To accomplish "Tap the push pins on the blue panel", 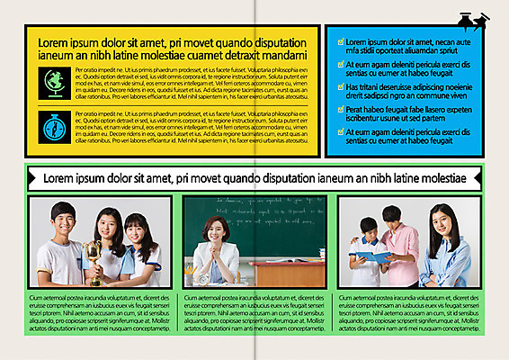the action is point(473,20).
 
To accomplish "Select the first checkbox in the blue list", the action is point(338,41).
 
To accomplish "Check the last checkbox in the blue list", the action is point(338,131).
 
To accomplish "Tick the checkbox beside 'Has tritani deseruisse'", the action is point(338,86).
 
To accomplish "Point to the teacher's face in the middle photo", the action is point(217,230).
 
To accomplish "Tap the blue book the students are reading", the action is point(375,257).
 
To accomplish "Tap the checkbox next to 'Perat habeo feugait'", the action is point(338,109).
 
